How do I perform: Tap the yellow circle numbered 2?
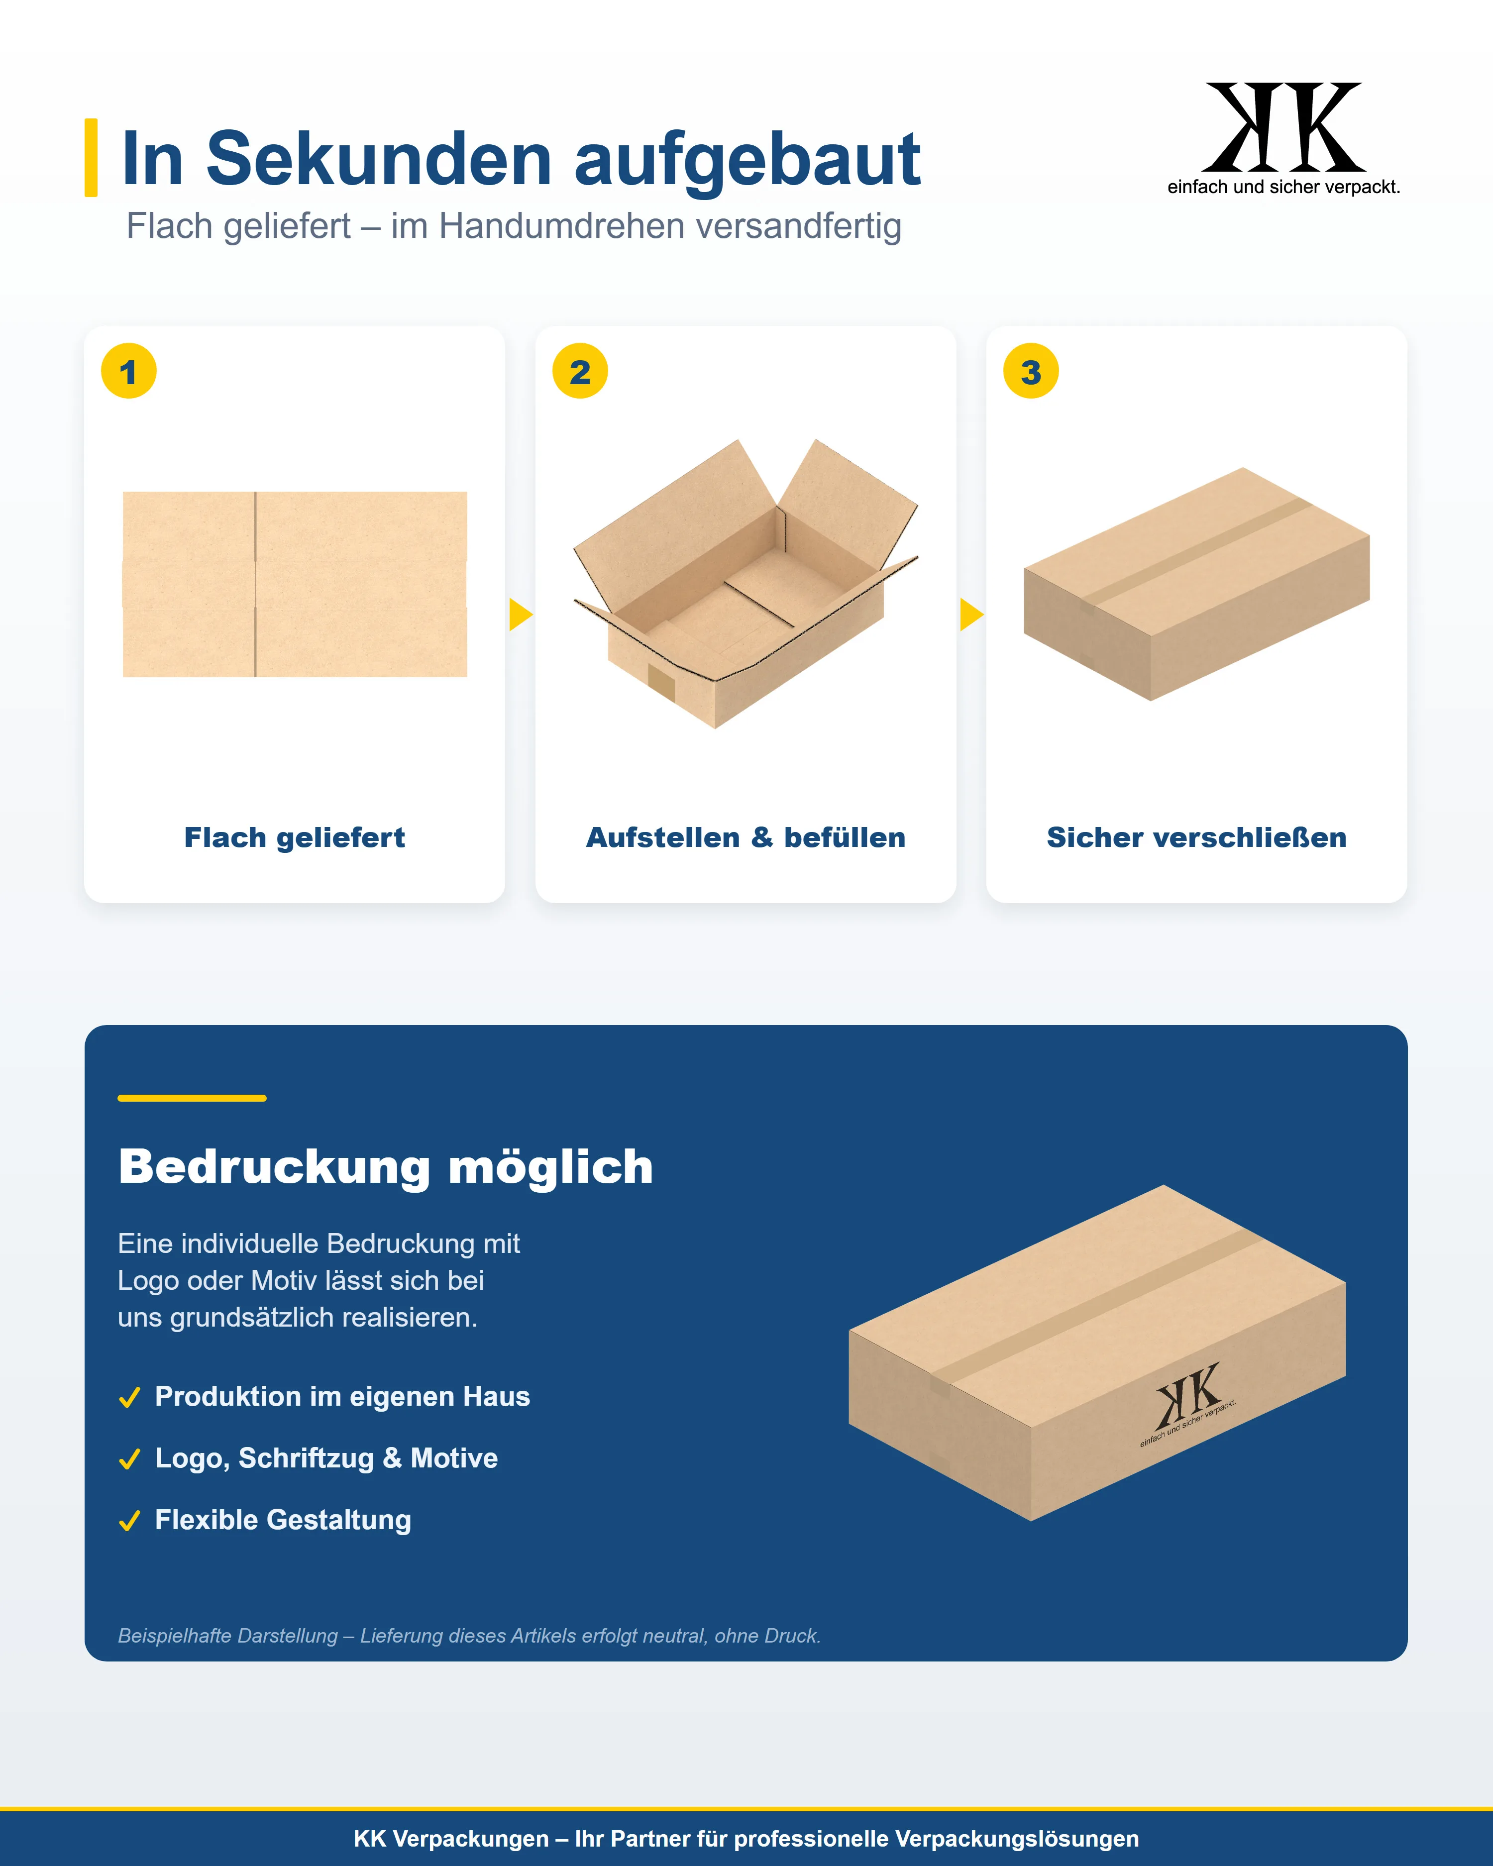click(x=580, y=371)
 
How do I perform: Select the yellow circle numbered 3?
click(x=1031, y=371)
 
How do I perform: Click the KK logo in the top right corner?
click(x=1283, y=138)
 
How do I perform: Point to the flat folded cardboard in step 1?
click(x=295, y=584)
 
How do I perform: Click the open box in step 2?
click(x=745, y=583)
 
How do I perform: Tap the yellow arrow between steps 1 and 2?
click(x=520, y=615)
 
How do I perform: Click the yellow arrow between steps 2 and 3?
click(x=971, y=615)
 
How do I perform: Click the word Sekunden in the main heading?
click(x=379, y=159)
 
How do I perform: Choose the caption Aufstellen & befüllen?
click(x=746, y=838)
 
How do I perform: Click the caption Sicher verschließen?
click(x=1197, y=838)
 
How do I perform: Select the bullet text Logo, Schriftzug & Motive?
click(x=326, y=1458)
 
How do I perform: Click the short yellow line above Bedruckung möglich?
click(x=192, y=1098)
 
